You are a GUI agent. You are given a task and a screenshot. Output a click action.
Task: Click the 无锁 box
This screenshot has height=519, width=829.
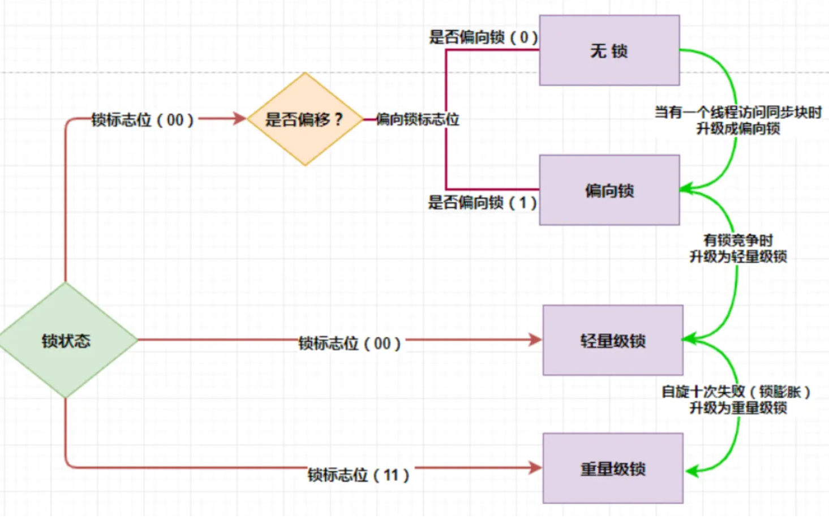tap(609, 51)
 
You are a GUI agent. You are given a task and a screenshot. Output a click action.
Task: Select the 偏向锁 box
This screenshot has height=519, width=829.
tap(609, 190)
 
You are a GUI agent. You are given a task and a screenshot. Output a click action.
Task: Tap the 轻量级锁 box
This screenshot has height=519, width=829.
tap(612, 341)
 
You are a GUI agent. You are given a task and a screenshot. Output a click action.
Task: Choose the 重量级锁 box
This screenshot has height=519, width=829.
tap(612, 469)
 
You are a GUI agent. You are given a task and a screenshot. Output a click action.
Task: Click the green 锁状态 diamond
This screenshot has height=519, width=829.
tap(66, 341)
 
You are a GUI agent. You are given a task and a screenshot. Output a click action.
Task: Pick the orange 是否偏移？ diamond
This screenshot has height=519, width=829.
tap(304, 119)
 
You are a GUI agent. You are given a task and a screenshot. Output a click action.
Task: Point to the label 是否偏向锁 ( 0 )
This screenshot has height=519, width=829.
tap(483, 37)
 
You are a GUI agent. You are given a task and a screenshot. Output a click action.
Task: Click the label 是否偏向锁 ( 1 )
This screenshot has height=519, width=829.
tap(482, 203)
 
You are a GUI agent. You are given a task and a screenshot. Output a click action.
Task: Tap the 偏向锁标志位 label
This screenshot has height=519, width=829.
tap(418, 119)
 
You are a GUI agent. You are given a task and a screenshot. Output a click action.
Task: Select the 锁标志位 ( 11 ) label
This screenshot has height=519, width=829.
tap(358, 474)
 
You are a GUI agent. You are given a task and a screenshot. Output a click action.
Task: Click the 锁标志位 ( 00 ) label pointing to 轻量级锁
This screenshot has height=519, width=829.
tap(350, 343)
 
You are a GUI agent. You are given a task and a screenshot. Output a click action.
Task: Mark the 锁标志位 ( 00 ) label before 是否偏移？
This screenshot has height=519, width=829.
tap(143, 120)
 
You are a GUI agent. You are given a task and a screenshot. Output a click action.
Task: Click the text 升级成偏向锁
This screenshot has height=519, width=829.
tap(738, 128)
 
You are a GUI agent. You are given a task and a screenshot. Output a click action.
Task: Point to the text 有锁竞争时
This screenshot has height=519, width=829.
tap(738, 241)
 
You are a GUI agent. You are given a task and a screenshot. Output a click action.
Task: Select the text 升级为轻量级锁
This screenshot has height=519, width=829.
tap(738, 256)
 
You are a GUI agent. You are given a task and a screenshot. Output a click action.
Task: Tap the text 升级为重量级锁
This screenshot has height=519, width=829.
tap(738, 408)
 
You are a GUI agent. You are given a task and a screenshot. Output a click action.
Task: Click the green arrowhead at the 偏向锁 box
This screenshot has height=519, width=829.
tap(686, 188)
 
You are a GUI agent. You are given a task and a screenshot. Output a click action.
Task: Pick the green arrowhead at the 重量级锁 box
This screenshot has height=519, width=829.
tap(690, 470)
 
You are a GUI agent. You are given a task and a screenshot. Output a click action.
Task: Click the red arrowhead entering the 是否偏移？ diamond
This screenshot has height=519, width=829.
tap(240, 119)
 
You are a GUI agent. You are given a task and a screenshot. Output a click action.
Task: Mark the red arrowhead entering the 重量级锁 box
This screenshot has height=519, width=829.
tap(535, 467)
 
